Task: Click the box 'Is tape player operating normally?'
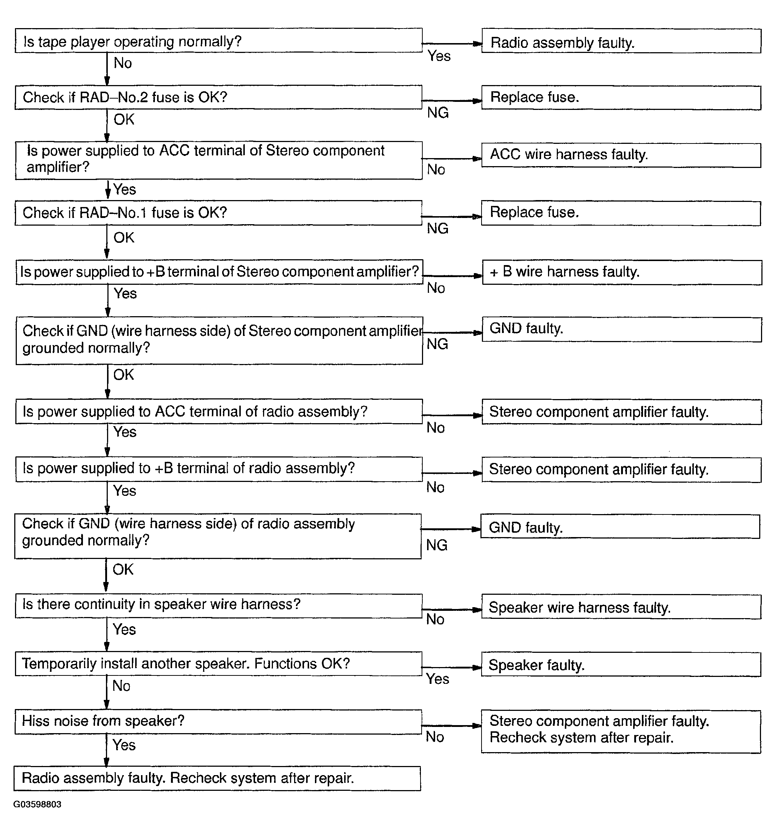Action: click(x=218, y=41)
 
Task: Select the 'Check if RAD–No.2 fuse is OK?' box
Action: click(x=218, y=97)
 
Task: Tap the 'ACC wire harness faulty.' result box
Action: click(x=621, y=155)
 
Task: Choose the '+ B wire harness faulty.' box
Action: click(x=621, y=272)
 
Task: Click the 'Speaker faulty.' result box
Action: click(x=621, y=664)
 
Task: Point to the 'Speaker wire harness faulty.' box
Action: click(x=621, y=607)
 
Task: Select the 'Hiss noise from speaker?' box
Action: click(x=218, y=722)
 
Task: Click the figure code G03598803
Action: click(x=37, y=804)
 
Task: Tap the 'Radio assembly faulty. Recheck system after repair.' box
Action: click(x=217, y=778)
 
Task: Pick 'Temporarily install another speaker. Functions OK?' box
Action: click(x=218, y=664)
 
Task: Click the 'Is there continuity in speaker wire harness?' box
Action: click(x=218, y=605)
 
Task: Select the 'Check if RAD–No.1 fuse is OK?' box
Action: click(x=218, y=213)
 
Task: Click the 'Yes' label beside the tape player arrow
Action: click(x=439, y=56)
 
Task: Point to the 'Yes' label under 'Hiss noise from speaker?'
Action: click(x=124, y=745)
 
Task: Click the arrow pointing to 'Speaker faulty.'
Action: click(x=452, y=667)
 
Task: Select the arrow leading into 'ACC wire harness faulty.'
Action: click(x=452, y=158)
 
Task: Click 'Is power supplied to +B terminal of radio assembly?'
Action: click(x=218, y=469)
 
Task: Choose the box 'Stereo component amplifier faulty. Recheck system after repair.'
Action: click(x=621, y=731)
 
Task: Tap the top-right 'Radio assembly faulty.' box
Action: click(x=621, y=41)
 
